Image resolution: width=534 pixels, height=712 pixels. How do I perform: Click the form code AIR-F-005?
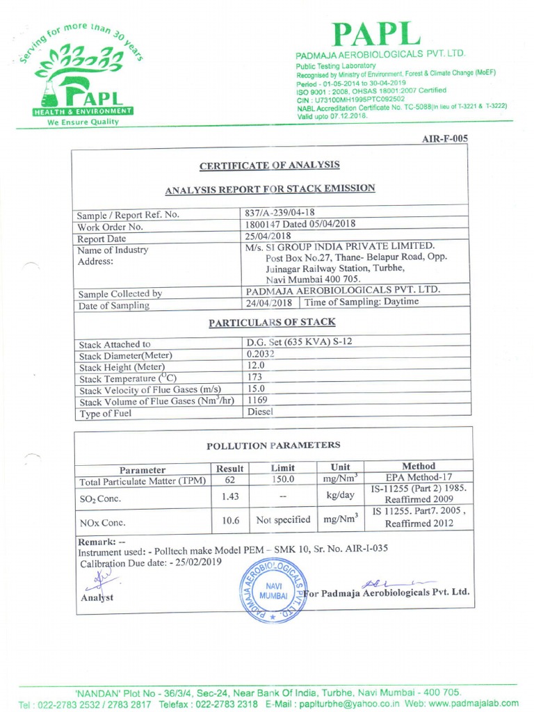pos(445,138)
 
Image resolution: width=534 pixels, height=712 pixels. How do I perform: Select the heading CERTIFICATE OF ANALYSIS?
pos(270,165)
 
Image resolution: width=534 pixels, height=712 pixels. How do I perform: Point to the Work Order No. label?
pos(111,227)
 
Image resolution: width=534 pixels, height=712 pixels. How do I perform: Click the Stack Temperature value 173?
pos(255,377)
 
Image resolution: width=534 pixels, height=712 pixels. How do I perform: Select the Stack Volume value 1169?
pos(257,400)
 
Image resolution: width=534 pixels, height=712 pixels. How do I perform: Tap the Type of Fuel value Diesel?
pos(261,412)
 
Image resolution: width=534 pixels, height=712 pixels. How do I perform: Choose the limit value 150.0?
pos(283,480)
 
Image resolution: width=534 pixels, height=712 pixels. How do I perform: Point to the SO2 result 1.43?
pos(229,496)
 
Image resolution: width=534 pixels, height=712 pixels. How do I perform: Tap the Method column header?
pos(419,466)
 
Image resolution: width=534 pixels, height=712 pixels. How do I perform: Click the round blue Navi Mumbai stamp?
pos(273,591)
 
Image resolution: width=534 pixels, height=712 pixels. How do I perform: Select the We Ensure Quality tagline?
pos(83,122)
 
